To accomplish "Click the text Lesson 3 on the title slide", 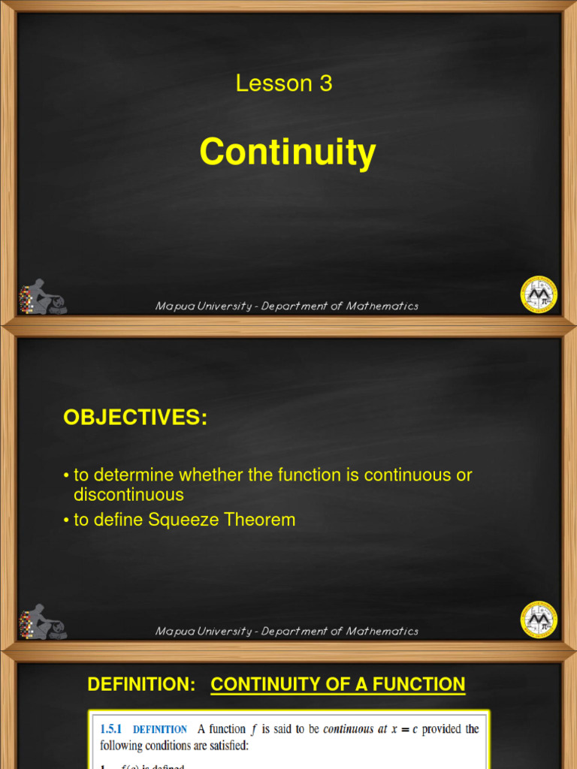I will click(284, 83).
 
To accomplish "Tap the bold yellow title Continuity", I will click(288, 152).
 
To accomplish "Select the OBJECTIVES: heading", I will click(135, 418).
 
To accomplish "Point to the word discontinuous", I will click(128, 495).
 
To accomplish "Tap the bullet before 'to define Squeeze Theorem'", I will click(66, 520).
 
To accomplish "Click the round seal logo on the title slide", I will click(539, 294).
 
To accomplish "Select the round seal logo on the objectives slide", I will click(539, 620).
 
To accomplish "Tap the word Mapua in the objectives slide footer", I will click(173, 632).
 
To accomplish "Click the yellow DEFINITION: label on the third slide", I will click(141, 684).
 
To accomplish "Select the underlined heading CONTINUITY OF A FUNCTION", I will click(338, 684).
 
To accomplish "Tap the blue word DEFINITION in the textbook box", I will click(160, 729).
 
